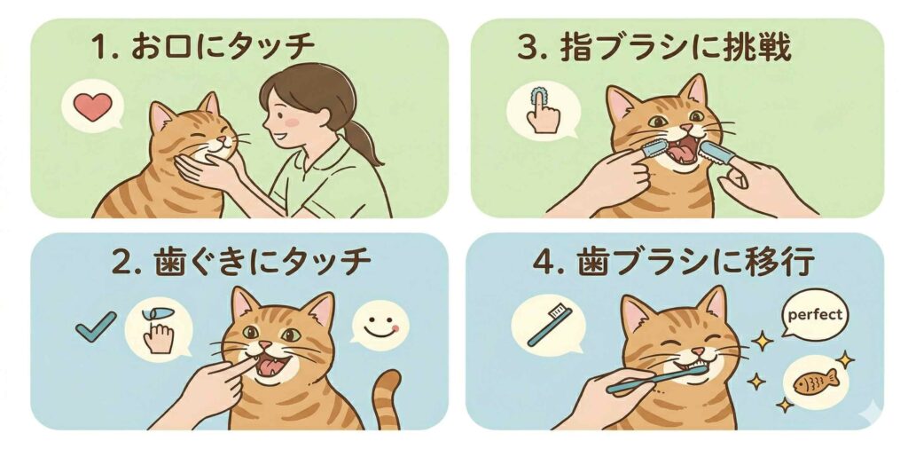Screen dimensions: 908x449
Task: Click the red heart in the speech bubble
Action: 93,106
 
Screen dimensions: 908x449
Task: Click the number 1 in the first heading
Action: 100,48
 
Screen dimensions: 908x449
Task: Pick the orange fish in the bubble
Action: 816,382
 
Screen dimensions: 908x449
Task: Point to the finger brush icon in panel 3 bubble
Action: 542,110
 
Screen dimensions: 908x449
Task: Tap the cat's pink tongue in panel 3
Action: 683,153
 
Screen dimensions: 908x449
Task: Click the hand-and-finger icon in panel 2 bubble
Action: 158,330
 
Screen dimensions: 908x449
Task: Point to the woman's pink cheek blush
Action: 291,122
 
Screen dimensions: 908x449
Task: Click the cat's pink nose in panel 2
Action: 264,345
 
